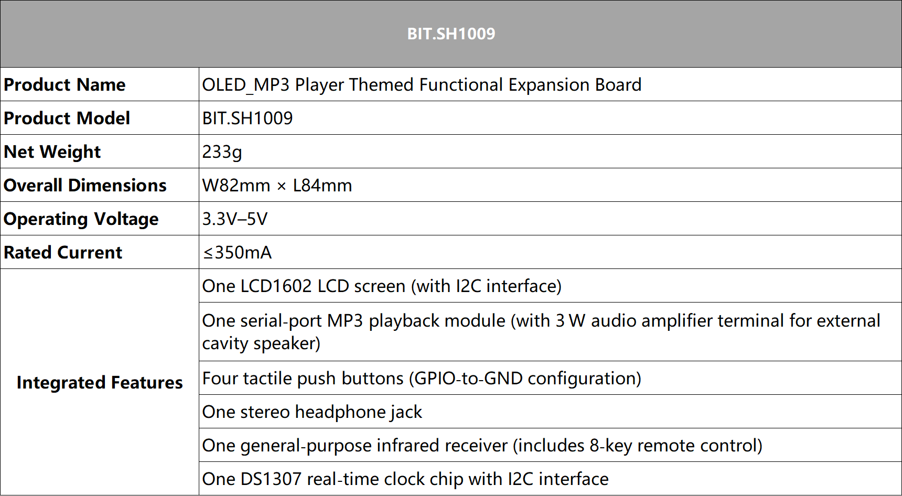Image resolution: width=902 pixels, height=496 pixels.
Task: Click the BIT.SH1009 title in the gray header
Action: pyautogui.click(x=451, y=34)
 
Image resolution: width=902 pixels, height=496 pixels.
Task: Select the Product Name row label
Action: pyautogui.click(x=65, y=84)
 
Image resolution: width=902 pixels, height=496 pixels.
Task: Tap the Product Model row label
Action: pyautogui.click(x=67, y=118)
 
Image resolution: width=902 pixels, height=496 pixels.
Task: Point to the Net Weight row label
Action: pyautogui.click(x=52, y=152)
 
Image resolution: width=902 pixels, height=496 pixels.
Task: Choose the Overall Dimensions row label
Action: pyautogui.click(x=85, y=185)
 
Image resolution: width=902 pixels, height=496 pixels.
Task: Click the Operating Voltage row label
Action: pyautogui.click(x=81, y=219)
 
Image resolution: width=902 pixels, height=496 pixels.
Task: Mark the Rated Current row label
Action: pyautogui.click(x=63, y=252)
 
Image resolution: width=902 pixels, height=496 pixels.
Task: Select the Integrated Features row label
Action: pyautogui.click(x=100, y=383)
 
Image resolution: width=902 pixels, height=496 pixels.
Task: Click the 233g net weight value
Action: pyautogui.click(x=222, y=152)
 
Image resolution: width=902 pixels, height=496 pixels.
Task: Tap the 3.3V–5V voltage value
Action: pyautogui.click(x=235, y=219)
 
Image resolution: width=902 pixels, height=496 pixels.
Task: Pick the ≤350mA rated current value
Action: pyautogui.click(x=237, y=252)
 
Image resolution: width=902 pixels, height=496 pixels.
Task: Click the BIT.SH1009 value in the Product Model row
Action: pyautogui.click(x=248, y=118)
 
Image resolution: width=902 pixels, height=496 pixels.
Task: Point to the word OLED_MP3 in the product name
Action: pyautogui.click(x=246, y=85)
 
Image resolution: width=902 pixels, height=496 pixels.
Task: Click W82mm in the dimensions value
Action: pyautogui.click(x=237, y=185)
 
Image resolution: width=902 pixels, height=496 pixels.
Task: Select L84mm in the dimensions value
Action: pyautogui.click(x=323, y=185)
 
